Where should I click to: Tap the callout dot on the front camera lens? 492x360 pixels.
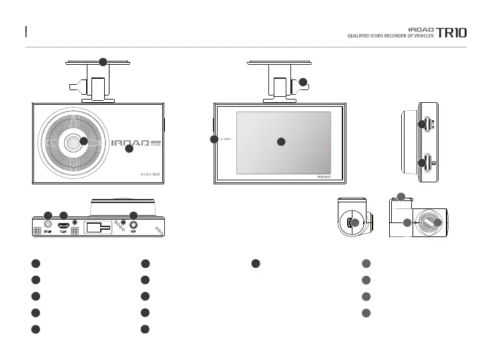point(83,141)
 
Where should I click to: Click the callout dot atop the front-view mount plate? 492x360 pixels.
point(103,62)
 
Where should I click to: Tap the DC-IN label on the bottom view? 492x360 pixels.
point(47,232)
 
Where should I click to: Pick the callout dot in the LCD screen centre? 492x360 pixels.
point(281,142)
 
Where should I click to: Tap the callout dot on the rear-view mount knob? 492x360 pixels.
point(302,82)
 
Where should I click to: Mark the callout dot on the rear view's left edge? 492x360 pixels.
point(214,140)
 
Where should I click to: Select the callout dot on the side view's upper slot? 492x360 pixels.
point(422,124)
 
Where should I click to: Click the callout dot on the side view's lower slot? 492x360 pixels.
point(422,163)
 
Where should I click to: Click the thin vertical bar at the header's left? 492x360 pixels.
point(25,31)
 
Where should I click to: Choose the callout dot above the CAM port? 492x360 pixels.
point(63,215)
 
